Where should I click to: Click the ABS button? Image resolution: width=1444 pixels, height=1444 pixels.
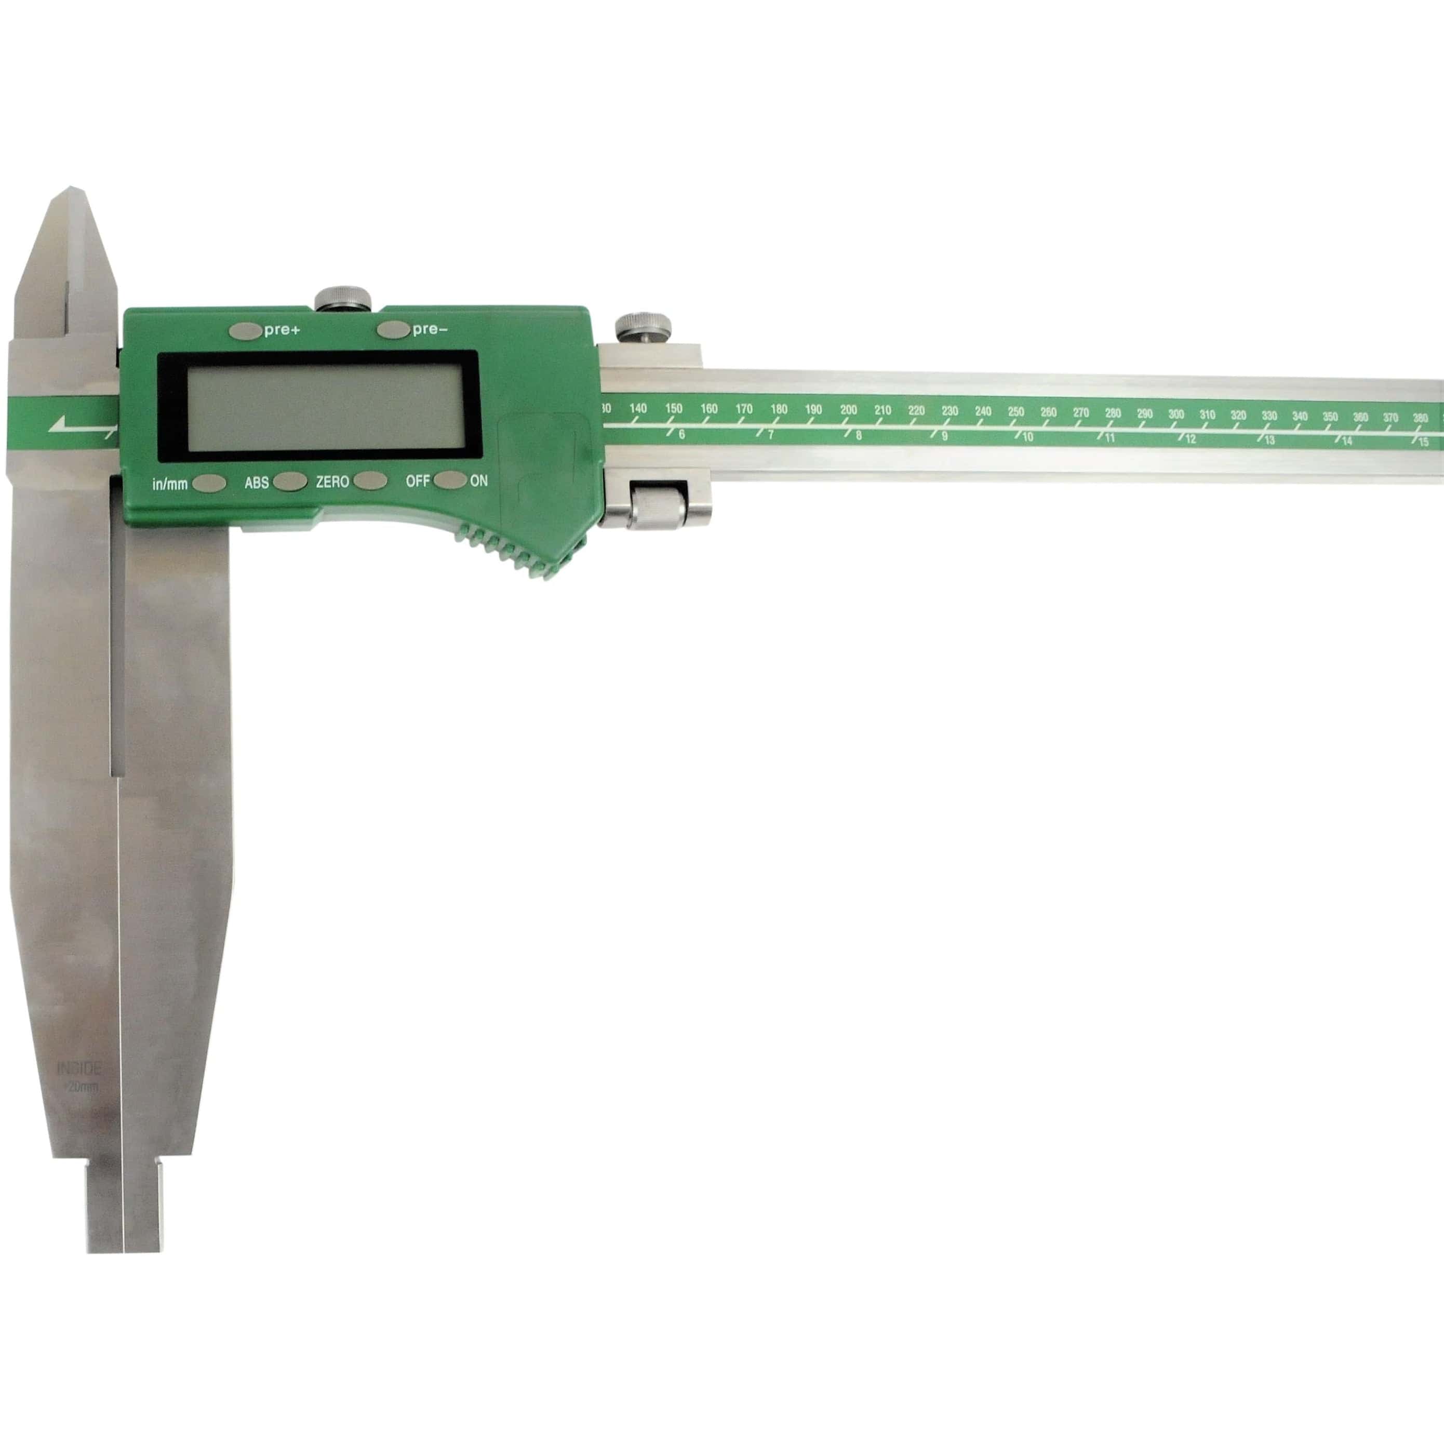click(289, 482)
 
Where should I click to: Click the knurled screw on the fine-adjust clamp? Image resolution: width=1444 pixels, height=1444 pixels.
click(643, 327)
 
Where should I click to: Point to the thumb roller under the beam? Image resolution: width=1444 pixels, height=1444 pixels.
click(658, 506)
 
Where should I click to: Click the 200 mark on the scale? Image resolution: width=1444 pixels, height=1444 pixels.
click(848, 410)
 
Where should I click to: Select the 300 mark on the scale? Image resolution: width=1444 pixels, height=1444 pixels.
click(1175, 414)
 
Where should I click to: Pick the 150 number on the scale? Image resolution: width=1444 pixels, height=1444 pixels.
click(673, 408)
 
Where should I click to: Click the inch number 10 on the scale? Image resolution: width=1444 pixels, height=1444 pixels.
click(1028, 436)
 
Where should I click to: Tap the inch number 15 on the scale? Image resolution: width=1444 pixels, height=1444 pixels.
click(1424, 442)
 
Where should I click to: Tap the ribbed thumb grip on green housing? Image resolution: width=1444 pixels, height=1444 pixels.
click(516, 553)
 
